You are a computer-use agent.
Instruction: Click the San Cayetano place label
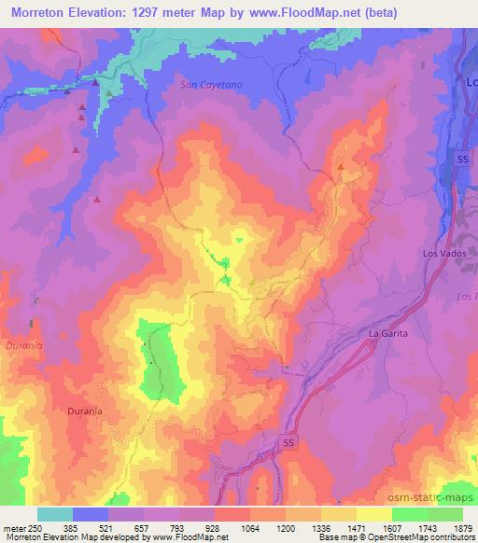[x=211, y=84]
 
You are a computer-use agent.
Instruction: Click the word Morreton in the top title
[x=40, y=13]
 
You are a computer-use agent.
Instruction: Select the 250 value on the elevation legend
[x=36, y=528]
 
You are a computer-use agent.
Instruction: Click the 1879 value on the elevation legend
[x=464, y=528]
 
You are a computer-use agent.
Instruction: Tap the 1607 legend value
[x=393, y=528]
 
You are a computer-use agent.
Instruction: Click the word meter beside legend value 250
[x=14, y=528]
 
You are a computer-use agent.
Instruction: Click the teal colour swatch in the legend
[x=54, y=514]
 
